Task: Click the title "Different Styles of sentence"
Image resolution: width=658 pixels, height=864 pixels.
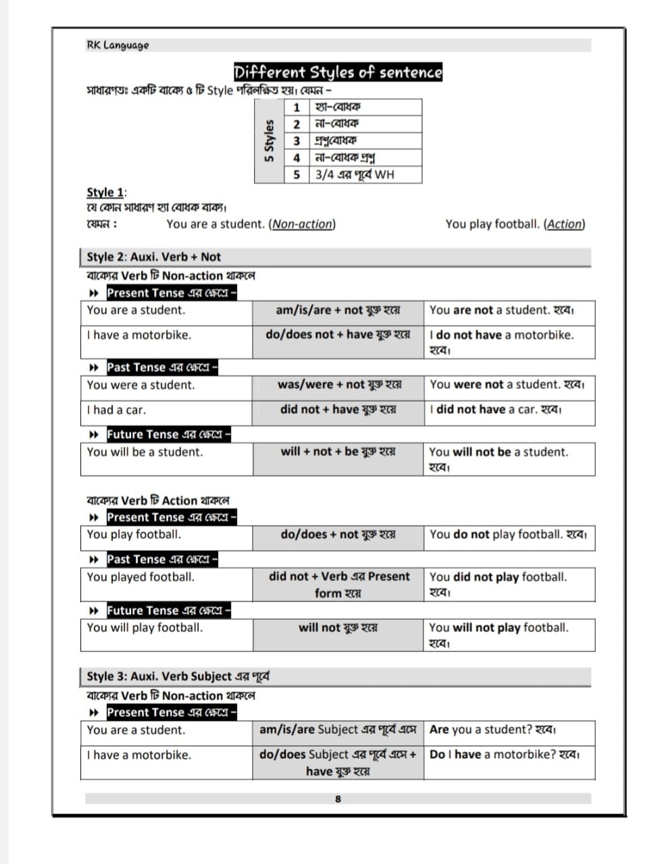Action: [338, 72]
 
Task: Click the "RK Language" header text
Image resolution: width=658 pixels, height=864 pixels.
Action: [118, 45]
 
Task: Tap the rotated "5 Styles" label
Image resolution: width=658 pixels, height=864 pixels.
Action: [270, 141]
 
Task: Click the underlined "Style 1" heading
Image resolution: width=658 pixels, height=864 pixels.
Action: [105, 192]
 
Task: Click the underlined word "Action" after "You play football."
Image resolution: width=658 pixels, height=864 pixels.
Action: [565, 224]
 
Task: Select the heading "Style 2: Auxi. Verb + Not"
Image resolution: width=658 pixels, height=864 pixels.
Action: [154, 257]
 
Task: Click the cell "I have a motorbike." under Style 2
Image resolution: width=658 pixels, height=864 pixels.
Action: [139, 335]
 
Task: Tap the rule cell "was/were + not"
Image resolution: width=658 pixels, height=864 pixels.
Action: [339, 385]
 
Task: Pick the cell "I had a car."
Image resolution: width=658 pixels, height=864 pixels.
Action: [116, 410]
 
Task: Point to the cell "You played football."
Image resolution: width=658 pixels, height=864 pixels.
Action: [141, 577]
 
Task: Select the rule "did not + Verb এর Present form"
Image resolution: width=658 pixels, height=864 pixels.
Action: [338, 585]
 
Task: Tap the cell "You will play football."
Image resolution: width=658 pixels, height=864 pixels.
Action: [145, 628]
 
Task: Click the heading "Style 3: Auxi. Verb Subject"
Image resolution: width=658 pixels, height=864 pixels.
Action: [178, 676]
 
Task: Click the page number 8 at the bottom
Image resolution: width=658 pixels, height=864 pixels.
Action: [338, 799]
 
